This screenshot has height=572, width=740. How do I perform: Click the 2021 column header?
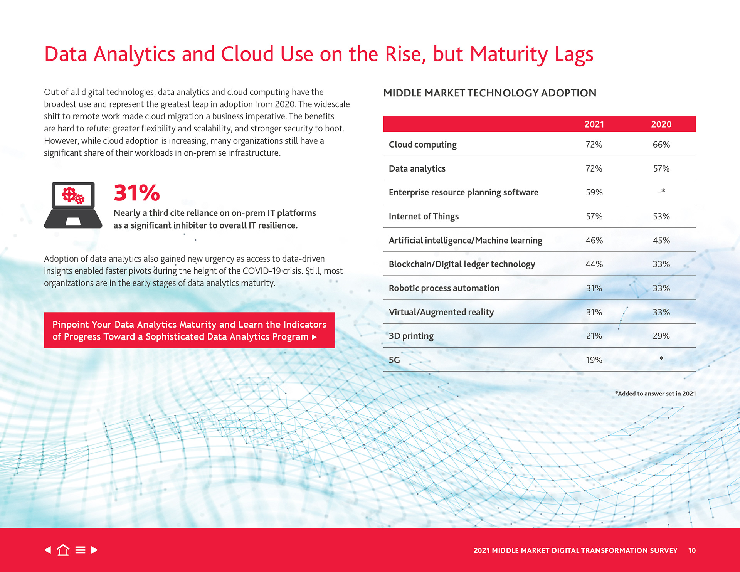coord(594,124)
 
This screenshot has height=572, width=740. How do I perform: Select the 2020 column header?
coord(661,124)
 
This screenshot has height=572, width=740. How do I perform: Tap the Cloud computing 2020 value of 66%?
coord(661,145)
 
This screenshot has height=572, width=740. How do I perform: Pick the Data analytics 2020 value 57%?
coord(661,168)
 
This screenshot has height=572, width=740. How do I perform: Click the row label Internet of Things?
coord(424,216)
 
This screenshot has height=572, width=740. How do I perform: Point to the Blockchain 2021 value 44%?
coord(594,264)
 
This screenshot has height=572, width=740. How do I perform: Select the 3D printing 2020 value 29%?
coord(661,336)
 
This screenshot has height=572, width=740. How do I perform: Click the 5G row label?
coord(394,360)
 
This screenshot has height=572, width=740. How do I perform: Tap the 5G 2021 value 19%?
coord(594,360)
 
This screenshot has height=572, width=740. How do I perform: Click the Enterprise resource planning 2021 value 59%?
coord(594,192)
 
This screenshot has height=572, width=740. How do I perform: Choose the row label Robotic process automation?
coord(444,288)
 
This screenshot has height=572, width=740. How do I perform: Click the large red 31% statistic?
coord(137,193)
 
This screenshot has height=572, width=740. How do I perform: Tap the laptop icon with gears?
coord(73,205)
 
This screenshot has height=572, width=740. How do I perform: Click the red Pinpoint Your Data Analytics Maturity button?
coord(189,330)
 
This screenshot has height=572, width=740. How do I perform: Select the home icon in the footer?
coord(63,550)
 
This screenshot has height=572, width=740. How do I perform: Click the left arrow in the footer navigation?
coord(48,550)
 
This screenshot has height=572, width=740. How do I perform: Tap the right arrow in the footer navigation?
coord(94,550)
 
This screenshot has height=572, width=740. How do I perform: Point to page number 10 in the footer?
coord(692,550)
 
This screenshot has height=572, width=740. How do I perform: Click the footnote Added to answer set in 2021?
coord(655,394)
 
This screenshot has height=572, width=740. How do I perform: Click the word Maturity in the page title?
coord(509,54)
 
